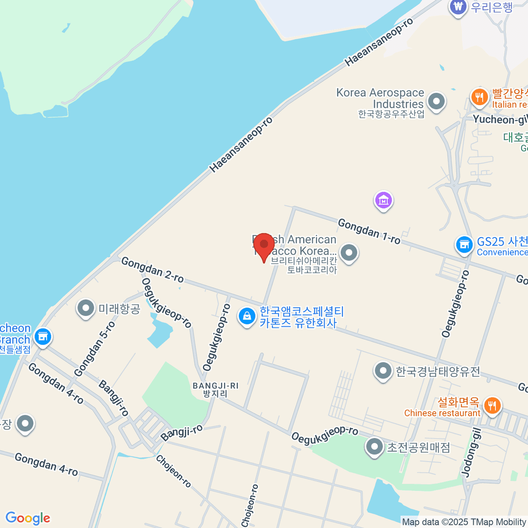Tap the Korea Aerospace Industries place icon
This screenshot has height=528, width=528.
[436, 102]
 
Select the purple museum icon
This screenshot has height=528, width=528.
[383, 200]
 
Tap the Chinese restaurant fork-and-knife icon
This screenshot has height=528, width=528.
[492, 405]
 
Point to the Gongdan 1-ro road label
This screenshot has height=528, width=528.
[369, 231]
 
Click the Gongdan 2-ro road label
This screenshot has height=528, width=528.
[152, 270]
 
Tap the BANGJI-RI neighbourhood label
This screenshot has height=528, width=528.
[215, 389]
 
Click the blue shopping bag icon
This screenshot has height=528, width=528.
[247, 316]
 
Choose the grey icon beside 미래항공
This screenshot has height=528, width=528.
[86, 308]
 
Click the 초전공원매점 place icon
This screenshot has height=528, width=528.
[374, 447]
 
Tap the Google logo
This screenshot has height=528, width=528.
[28, 518]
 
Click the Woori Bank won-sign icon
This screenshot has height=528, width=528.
[458, 7]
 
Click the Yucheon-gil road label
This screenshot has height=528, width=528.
[500, 119]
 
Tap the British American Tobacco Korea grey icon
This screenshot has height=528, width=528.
[349, 253]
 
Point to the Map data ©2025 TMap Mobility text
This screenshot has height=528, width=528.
[464, 522]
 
